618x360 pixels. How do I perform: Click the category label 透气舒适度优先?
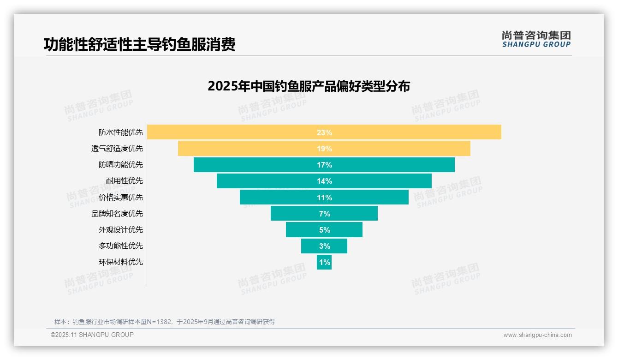coord(117,149)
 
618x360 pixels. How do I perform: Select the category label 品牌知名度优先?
coord(117,213)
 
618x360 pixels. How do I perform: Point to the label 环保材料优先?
coord(121,262)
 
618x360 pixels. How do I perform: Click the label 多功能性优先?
coord(121,246)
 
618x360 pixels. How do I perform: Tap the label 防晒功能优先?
coord(121,165)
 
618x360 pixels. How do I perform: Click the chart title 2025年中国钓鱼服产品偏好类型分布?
coord(309,86)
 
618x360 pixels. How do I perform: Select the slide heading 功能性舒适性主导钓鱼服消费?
coord(140,44)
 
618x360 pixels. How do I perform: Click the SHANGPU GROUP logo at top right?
coord(536,39)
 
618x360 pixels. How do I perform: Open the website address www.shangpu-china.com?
coord(537,335)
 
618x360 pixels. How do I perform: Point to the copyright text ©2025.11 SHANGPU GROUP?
coord(92,335)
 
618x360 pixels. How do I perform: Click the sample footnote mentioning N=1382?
coord(164,322)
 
